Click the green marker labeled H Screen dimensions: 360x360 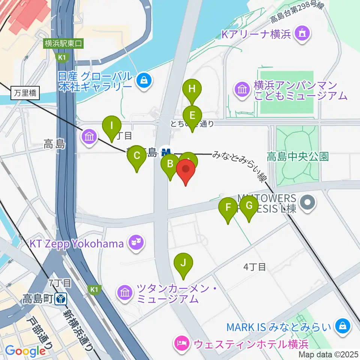coord(192,89)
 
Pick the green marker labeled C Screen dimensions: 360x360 coord(136,155)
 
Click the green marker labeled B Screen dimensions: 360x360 coord(170,164)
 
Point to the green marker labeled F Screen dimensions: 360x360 coord(228,207)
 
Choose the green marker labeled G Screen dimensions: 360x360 coord(249,206)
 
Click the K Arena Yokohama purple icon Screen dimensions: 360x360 coord(302,34)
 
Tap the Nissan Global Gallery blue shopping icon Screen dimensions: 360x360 coord(143,79)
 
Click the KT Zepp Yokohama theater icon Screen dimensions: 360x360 coord(135,244)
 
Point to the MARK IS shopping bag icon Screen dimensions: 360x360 coord(342,326)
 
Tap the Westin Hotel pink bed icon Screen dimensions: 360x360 coord(182,344)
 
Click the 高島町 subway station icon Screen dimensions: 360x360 coord(61,299)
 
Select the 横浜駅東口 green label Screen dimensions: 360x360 coord(63,43)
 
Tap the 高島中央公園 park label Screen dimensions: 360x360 coord(297,156)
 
